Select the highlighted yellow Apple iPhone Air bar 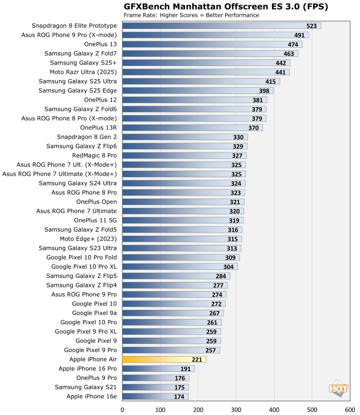164,360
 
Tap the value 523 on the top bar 312,25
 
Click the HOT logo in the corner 339,389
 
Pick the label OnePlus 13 100,44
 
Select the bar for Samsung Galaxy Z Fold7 210,53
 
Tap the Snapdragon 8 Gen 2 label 87,137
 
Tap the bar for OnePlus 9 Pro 156,378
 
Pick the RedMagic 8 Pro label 95,155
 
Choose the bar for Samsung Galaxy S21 155,387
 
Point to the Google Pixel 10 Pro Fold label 81,258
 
